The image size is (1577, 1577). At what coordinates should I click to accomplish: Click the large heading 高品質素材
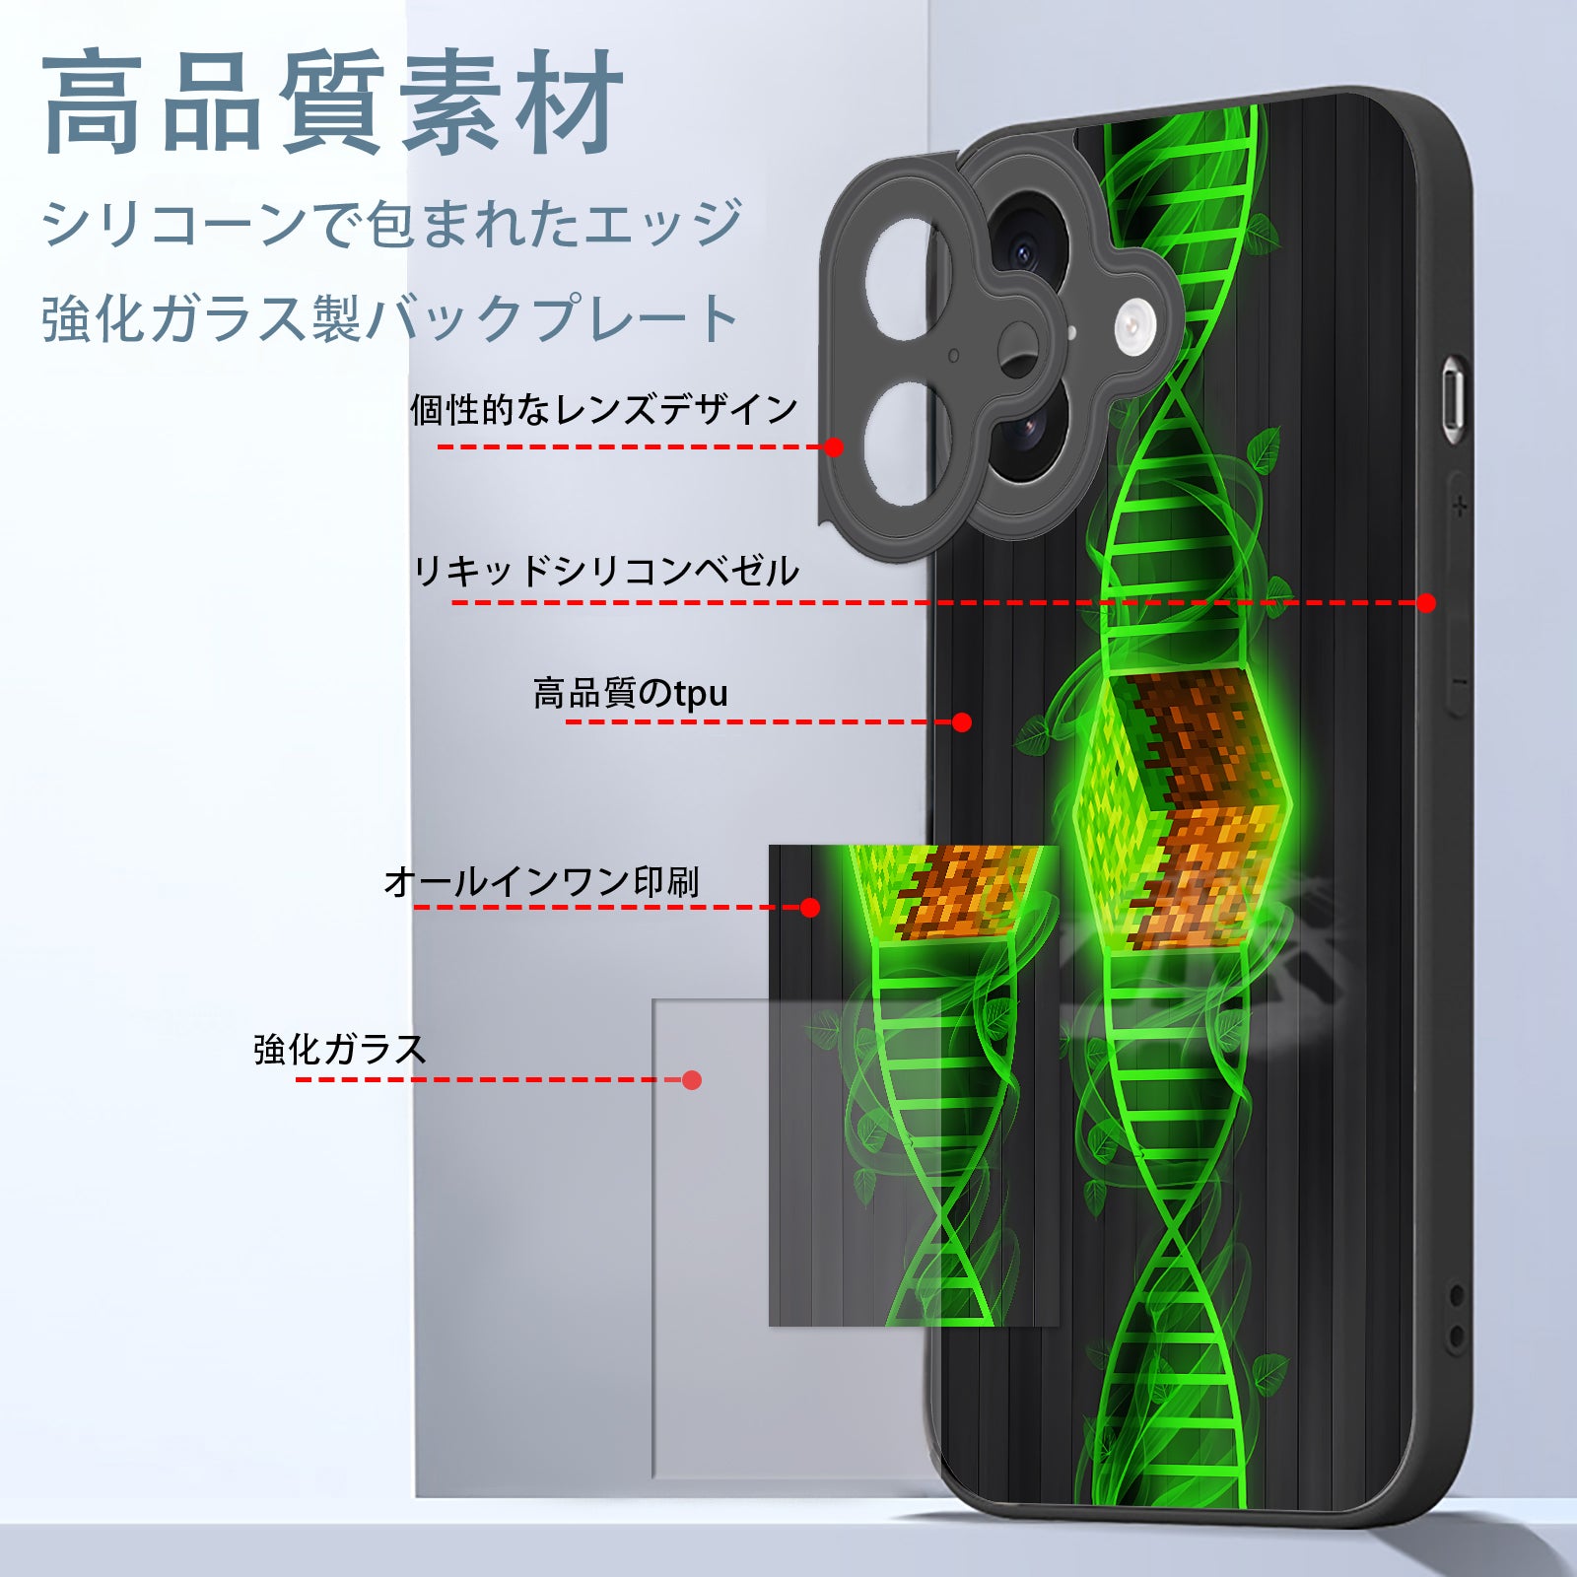333,103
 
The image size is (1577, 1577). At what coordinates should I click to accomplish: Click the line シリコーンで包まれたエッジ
391,223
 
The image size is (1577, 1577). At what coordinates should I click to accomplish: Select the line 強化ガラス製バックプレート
390,318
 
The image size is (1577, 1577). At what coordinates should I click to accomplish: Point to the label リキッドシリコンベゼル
606,571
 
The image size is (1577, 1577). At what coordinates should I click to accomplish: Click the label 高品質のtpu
631,693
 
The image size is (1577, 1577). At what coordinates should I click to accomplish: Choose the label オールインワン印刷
542,881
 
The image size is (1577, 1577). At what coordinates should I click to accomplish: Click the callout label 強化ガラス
340,1049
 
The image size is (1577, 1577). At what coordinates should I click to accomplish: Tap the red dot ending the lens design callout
834,446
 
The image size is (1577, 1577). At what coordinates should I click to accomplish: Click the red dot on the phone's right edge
1426,602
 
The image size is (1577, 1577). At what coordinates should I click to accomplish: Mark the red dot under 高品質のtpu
962,722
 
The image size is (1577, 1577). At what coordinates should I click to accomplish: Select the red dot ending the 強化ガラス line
692,1080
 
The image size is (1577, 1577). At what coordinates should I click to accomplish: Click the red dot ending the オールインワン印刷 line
810,907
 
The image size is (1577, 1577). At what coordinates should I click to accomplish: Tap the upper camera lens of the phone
1025,246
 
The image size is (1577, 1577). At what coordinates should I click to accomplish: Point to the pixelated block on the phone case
1181,810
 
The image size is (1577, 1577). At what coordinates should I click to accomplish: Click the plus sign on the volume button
1460,507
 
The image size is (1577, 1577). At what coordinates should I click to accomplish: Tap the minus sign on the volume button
1460,682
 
